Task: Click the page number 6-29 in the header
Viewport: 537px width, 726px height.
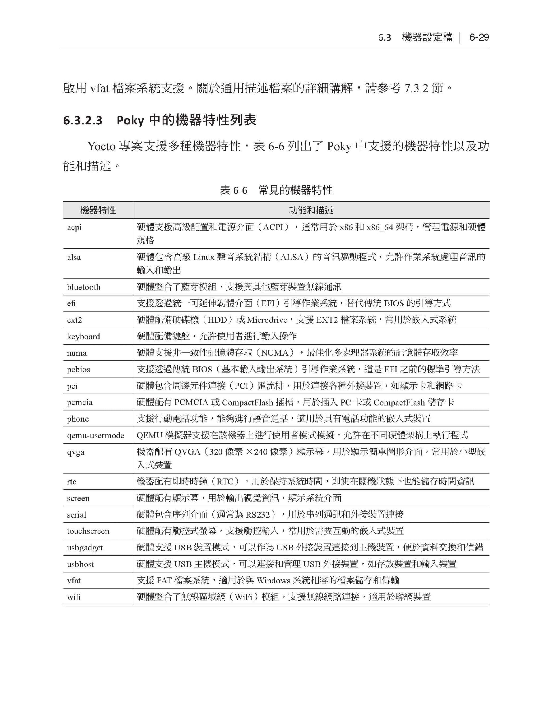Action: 479,38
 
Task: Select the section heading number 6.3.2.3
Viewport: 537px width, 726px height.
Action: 83,121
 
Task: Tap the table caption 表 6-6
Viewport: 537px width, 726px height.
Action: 233,190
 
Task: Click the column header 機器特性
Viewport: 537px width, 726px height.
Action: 98,210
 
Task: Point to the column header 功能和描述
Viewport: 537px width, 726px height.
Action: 311,210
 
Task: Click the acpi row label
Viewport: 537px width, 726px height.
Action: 74,227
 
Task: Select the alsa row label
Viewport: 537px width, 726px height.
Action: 74,257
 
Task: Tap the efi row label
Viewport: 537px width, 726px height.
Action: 71,303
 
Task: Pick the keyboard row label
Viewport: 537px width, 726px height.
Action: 83,337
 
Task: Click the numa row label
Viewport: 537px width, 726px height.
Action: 77,353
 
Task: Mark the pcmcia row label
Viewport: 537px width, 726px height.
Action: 80,402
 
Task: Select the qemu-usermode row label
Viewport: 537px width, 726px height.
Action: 96,436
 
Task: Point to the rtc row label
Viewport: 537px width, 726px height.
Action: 72,482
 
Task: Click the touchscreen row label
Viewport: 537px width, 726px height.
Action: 88,531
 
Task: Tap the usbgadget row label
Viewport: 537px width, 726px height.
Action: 85,548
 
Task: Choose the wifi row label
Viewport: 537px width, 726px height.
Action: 74,597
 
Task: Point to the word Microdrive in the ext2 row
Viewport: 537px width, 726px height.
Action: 267,320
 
